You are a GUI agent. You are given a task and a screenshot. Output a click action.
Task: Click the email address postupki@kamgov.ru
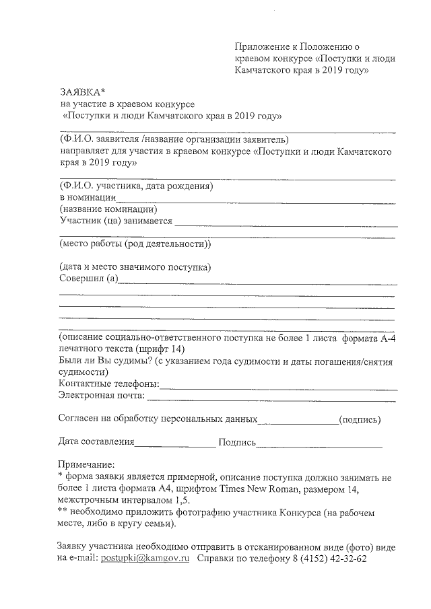tap(145, 559)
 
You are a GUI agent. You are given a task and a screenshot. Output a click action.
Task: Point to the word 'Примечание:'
tap(87, 465)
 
